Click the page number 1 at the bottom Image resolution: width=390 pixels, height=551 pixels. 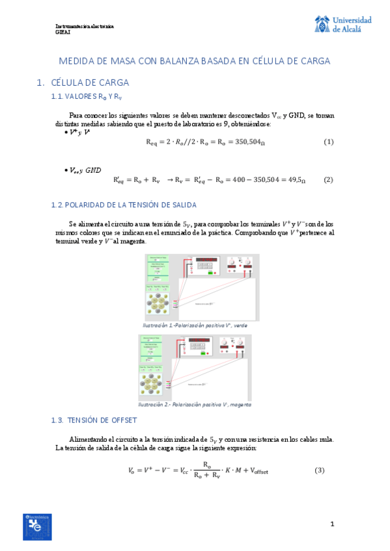pyautogui.click(x=332, y=524)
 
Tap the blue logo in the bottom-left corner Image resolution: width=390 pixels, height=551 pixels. pyautogui.click(x=37, y=526)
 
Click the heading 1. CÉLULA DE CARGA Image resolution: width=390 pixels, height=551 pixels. pyautogui.click(x=83, y=83)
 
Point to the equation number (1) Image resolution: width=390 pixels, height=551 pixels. pyautogui.click(x=329, y=142)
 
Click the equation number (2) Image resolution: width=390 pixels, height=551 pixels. pyautogui.click(x=329, y=179)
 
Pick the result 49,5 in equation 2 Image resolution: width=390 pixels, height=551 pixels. pyautogui.click(x=296, y=179)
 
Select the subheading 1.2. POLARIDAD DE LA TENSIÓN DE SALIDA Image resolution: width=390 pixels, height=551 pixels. pyautogui.click(x=124, y=205)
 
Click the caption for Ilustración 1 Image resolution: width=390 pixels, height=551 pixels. pyautogui.click(x=195, y=325)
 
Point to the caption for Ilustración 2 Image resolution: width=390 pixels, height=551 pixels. pyautogui.click(x=195, y=404)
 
